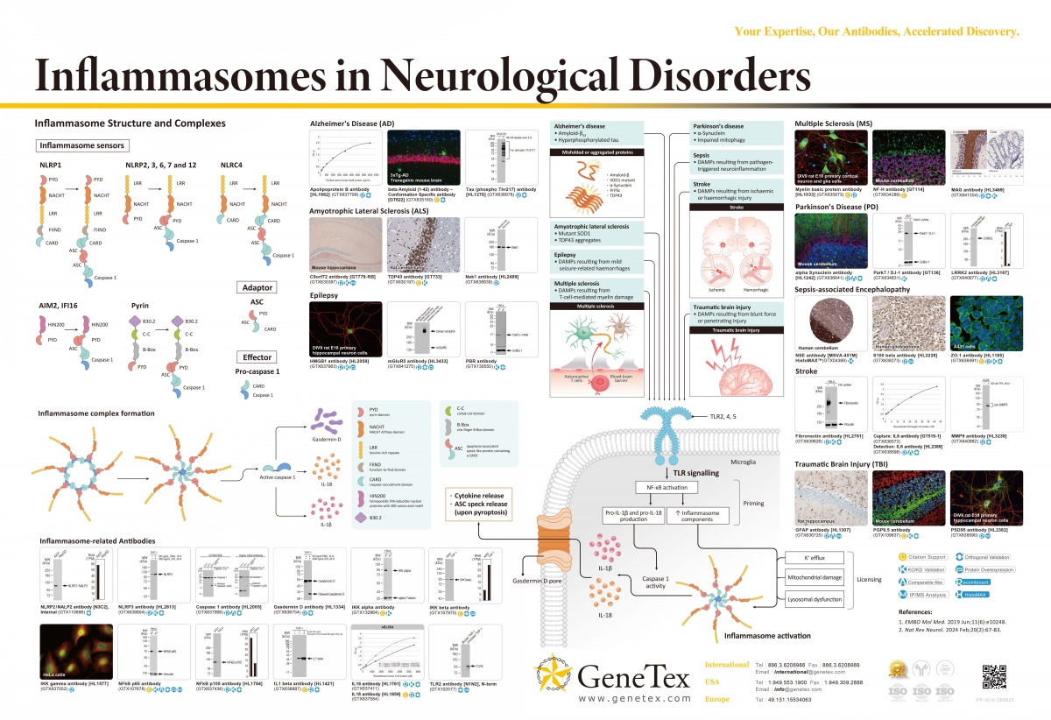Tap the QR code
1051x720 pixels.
(995, 677)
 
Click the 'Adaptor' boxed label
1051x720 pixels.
(257, 287)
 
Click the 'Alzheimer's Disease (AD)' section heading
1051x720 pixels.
(345, 124)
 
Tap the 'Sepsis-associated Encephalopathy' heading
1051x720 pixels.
(852, 288)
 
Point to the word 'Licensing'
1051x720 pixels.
(869, 579)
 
